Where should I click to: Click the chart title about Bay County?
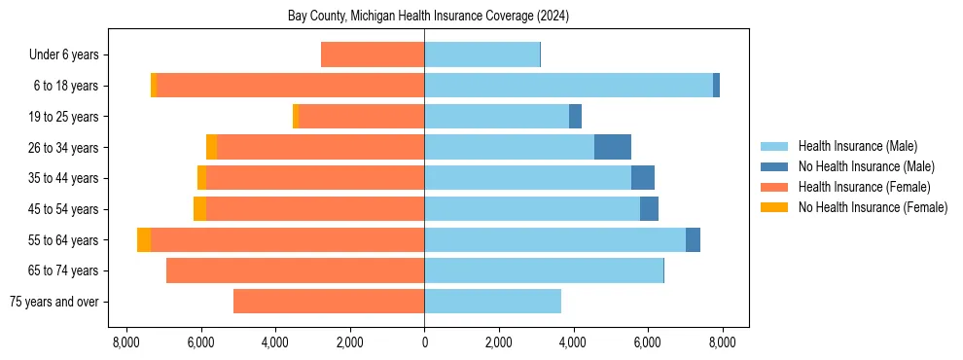click(x=428, y=17)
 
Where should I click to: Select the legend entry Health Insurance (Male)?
click(x=856, y=147)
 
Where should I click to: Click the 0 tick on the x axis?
click(x=424, y=342)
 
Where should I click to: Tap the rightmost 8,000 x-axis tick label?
click(x=722, y=342)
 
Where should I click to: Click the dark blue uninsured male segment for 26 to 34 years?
click(x=613, y=147)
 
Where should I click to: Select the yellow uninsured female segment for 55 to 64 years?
click(x=144, y=239)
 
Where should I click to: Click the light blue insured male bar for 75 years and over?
click(x=492, y=302)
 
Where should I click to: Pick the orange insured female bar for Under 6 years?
click(x=373, y=54)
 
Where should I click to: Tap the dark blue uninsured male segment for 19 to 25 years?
click(x=575, y=117)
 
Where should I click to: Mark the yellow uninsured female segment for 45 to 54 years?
click(x=199, y=209)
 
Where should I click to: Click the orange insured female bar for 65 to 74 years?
click(x=295, y=270)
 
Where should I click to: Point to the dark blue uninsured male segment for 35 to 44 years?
click(x=643, y=178)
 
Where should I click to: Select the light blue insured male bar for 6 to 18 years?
click(x=568, y=86)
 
